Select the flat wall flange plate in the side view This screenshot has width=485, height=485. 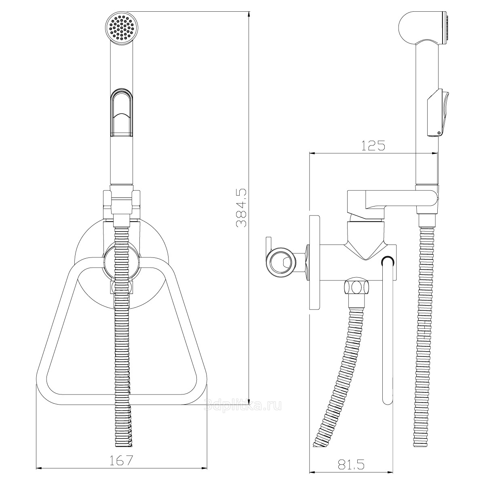[x=314, y=263]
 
